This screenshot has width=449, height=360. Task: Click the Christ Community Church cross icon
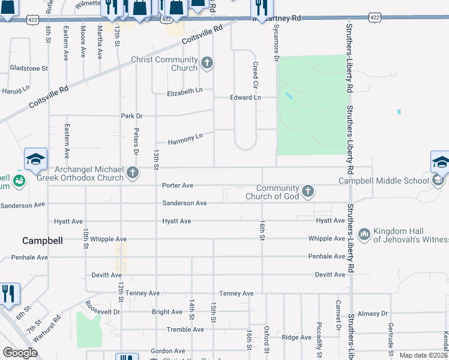(x=207, y=62)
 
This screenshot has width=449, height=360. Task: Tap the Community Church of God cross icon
(x=307, y=191)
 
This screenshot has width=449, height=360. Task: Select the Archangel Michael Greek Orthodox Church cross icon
(x=133, y=174)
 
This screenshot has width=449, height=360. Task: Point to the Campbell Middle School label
(x=384, y=181)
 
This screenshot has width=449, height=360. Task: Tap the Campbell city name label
(x=43, y=241)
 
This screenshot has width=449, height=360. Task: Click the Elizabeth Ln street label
(x=185, y=91)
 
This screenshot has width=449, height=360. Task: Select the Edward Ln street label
(x=246, y=97)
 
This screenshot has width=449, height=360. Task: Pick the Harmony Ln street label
(x=185, y=140)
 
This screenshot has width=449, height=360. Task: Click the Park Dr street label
(x=132, y=115)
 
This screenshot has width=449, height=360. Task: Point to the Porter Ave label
(x=178, y=185)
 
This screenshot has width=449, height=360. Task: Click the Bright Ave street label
(x=167, y=312)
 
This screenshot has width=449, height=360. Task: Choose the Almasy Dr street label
(x=373, y=314)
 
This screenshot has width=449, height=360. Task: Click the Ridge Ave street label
(x=297, y=337)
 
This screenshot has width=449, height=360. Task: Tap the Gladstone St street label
(x=28, y=68)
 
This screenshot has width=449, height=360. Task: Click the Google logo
(x=20, y=353)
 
